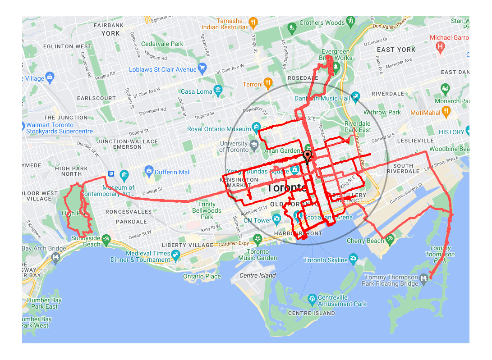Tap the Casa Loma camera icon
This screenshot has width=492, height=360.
[x=219, y=91]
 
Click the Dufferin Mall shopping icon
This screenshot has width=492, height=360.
[x=148, y=171]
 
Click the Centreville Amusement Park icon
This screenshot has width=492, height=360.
[x=312, y=299]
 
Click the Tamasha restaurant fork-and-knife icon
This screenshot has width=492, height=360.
[x=253, y=21]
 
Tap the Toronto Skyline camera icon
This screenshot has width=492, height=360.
[x=354, y=259]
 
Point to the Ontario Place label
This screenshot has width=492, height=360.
[x=202, y=276]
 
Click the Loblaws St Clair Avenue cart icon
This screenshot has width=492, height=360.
[x=202, y=69]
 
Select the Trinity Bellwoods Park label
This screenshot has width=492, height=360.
[x=207, y=210]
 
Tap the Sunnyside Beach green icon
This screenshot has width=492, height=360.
[x=106, y=240]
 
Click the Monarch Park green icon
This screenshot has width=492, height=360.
[x=446, y=89]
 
